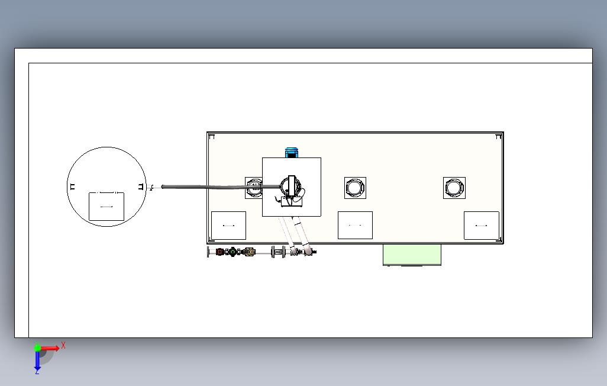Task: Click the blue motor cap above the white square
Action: [290, 152]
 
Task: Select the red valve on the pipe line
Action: [220, 252]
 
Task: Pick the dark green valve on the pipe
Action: [234, 252]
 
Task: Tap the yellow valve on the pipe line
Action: [249, 252]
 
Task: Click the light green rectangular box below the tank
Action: [412, 255]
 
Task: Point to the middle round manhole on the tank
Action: [355, 188]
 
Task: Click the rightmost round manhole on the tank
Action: [454, 188]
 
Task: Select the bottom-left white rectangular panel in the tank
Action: [228, 226]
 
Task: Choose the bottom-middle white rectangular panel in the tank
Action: [355, 226]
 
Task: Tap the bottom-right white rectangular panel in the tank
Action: [481, 226]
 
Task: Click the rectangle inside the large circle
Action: [106, 207]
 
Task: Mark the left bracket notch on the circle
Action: [72, 187]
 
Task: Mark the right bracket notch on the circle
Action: [141, 187]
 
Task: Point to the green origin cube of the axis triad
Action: [37, 348]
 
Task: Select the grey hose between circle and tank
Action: [201, 187]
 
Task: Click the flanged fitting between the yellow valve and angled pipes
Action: [277, 252]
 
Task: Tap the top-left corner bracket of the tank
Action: [212, 137]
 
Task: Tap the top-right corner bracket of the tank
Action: [499, 137]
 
